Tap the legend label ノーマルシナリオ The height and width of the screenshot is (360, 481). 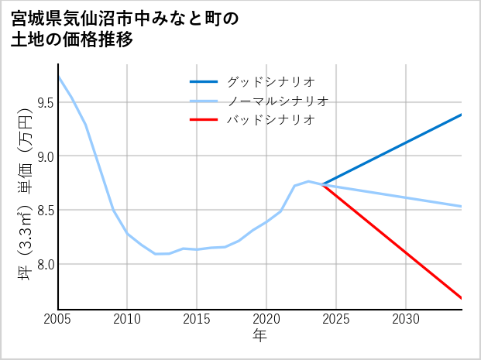pos(277,101)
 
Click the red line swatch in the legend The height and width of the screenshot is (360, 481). pos(204,120)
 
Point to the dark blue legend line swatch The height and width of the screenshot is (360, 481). pos(204,81)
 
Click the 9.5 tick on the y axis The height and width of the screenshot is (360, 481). pos(43,103)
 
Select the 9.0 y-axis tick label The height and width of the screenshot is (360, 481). pos(43,156)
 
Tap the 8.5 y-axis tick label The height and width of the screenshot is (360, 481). pos(43,211)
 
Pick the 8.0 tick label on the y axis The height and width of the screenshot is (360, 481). pos(43,265)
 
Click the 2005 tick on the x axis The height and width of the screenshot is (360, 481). pos(58,319)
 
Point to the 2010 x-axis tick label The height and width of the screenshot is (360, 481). pos(127,319)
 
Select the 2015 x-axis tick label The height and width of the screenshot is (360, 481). pos(197,319)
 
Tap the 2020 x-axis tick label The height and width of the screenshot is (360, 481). pos(266,319)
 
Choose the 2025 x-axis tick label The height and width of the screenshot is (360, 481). pos(336,319)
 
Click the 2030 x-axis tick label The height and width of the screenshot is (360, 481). pos(406,319)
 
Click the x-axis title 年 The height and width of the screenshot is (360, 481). pos(259,336)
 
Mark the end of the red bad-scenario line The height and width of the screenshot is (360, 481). pos(461,298)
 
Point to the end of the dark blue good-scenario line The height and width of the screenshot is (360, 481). pos(461,115)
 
